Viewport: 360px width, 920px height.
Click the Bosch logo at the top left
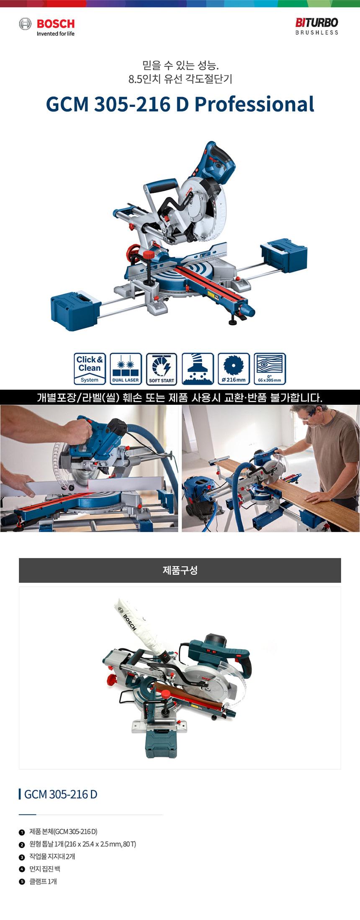47,27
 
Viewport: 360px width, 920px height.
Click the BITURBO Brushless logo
316,26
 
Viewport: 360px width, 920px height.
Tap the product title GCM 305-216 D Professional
180,104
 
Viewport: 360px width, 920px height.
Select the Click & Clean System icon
90,369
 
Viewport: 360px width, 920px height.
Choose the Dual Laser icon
126,369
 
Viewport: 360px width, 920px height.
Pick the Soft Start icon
162,369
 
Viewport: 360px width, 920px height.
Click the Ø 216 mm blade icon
234,369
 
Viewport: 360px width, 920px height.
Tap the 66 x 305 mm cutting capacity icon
270,369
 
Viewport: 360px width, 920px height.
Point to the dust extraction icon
198,369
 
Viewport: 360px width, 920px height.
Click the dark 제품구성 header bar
180,570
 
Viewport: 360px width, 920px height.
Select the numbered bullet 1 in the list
22,832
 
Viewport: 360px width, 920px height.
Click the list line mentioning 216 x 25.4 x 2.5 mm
82,844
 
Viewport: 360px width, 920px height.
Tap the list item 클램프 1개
43,881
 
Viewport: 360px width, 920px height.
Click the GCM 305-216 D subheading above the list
61,794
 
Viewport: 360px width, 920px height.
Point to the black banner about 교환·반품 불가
180,397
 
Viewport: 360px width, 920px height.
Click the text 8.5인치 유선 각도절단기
180,79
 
